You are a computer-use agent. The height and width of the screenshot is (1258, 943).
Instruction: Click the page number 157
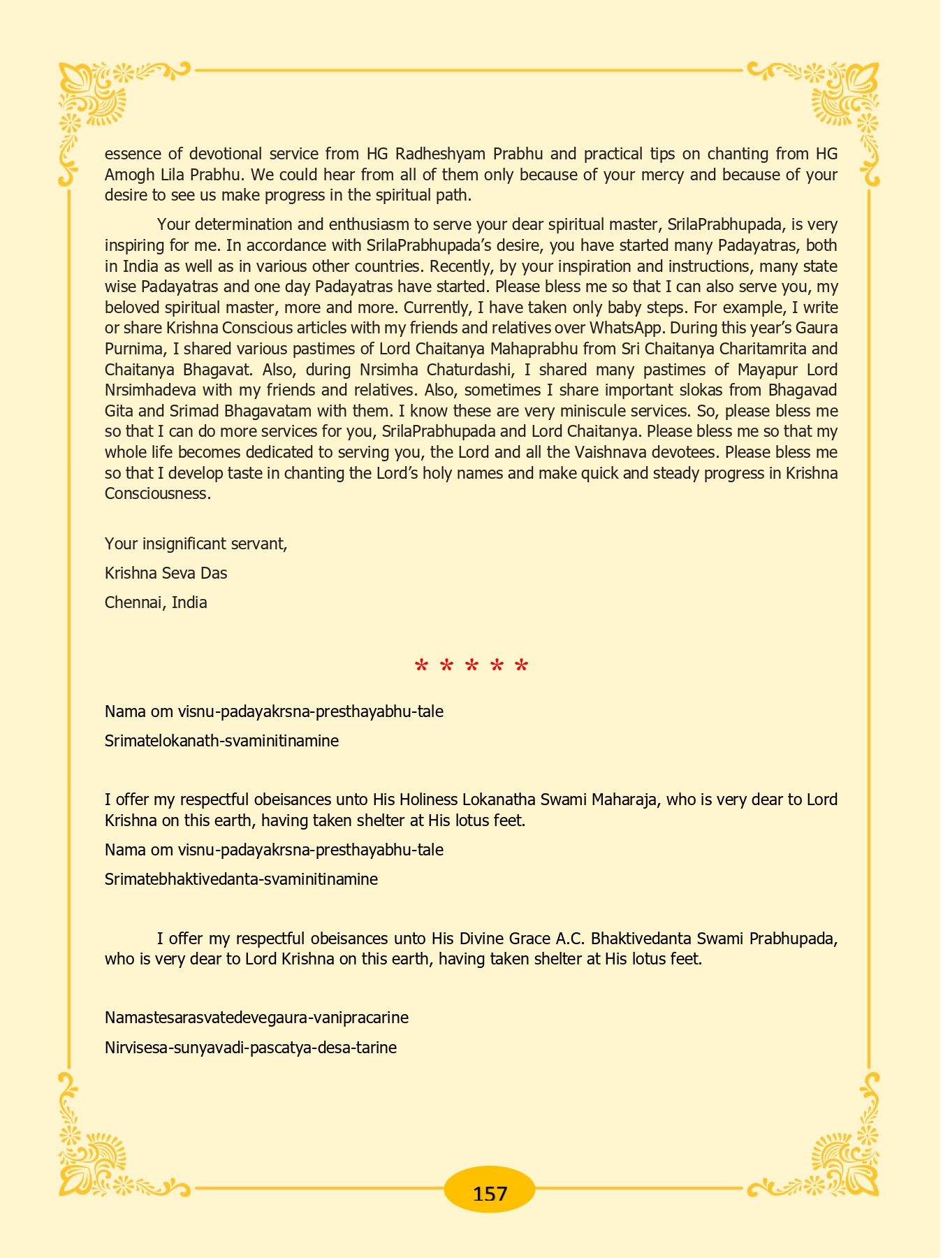(x=490, y=1193)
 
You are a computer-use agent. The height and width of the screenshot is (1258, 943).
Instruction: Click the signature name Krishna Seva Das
(x=166, y=573)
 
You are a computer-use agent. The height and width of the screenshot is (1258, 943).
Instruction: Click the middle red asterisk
(x=471, y=667)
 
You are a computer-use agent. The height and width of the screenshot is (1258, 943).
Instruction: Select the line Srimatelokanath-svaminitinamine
(x=221, y=741)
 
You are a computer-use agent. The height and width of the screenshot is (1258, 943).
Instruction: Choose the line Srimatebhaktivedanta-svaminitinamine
(x=241, y=879)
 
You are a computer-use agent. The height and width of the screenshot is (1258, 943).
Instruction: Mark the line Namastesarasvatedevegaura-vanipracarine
(x=256, y=1018)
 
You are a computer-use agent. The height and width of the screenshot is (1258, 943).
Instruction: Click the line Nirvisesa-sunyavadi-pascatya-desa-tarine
(x=250, y=1048)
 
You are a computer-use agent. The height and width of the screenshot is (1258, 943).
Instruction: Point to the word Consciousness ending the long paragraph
(x=157, y=493)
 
